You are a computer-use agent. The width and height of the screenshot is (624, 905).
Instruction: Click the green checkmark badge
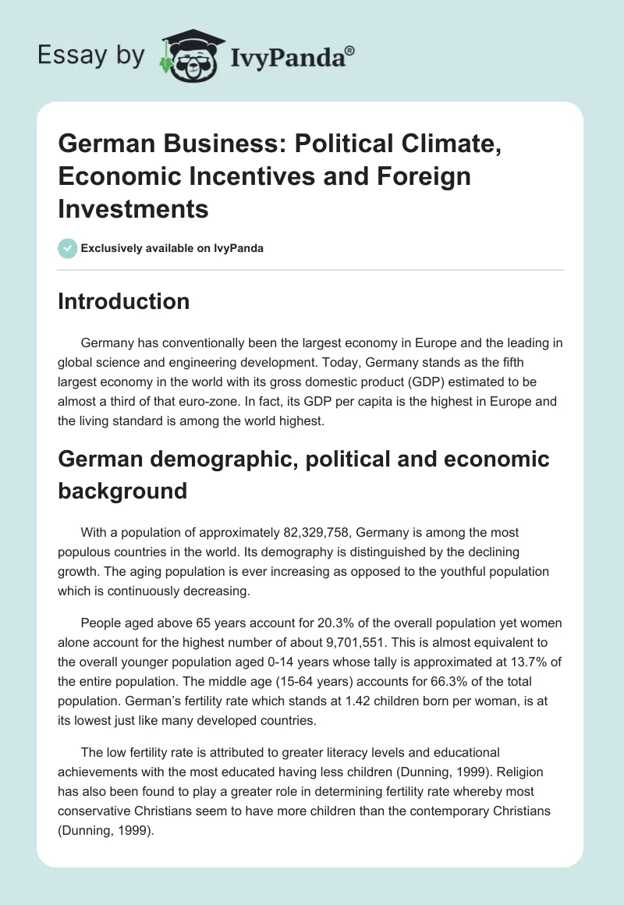67,248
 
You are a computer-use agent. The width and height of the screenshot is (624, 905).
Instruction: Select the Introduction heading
123,301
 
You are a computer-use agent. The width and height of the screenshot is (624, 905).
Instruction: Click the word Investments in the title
133,208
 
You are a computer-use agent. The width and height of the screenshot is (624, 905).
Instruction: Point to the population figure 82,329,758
326,532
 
